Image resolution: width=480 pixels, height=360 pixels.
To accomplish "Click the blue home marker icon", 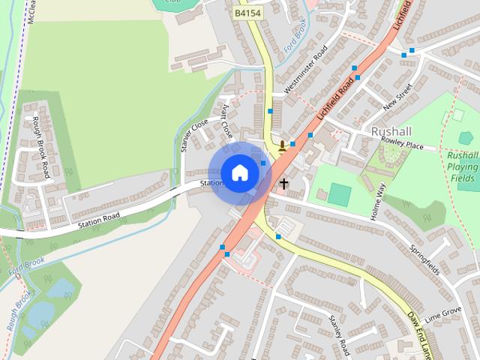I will [239, 172].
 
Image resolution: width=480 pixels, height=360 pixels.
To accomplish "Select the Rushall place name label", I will [392, 130].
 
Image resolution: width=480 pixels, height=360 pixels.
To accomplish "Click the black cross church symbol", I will [284, 182].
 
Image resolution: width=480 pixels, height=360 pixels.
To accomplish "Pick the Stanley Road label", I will [340, 335].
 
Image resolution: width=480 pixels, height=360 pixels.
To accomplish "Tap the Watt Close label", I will [227, 122].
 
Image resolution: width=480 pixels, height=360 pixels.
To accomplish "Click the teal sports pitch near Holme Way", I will [340, 195].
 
